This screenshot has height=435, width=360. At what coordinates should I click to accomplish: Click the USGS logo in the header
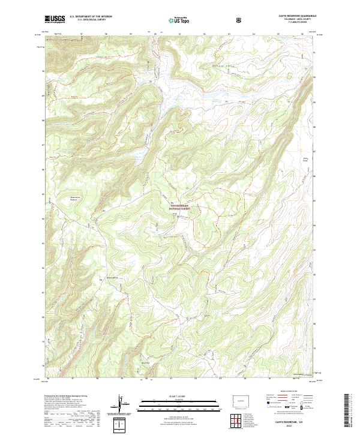coord(55,19)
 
